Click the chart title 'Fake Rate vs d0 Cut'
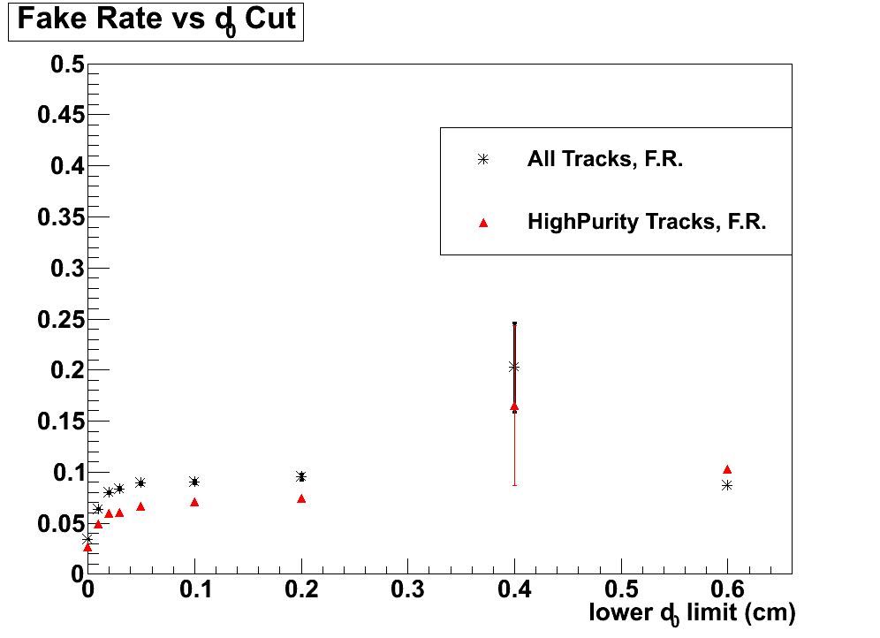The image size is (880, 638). pos(156,20)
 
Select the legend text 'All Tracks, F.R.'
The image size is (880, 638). pos(605,160)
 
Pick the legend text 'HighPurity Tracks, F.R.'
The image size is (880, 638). pos(647,222)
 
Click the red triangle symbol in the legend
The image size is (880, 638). pos(483,223)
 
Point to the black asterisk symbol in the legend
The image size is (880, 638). pos(482,160)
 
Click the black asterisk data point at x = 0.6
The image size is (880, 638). pos(727,485)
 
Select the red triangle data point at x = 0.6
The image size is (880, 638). pos(727,469)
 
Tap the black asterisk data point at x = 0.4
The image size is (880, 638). pos(513,367)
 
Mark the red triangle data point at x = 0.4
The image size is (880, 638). pos(514,406)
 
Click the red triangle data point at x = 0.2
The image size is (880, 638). pos(301,498)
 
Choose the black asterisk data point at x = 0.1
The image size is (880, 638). pos(194,482)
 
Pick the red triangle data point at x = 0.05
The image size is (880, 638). pos(140,506)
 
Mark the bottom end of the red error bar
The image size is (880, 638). pos(514,485)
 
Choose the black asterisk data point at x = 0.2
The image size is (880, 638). pos(301,477)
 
